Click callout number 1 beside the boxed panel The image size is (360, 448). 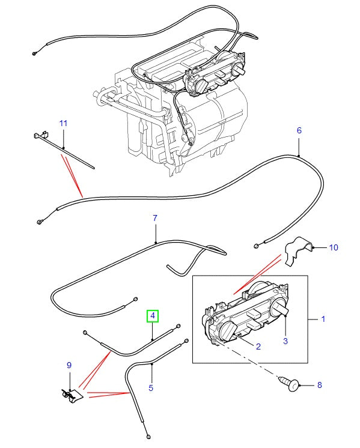pyautogui.click(x=323, y=319)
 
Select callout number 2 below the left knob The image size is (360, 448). pyautogui.click(x=258, y=347)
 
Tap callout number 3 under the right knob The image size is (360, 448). pyautogui.click(x=285, y=341)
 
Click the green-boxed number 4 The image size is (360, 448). pyautogui.click(x=153, y=315)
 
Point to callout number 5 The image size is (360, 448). pyautogui.click(x=151, y=388)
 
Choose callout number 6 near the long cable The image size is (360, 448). pyautogui.click(x=299, y=130)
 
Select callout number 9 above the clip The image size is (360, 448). pyautogui.click(x=69, y=365)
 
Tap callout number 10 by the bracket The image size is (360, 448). pyautogui.click(x=334, y=247)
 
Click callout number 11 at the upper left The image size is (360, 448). pyautogui.click(x=63, y=123)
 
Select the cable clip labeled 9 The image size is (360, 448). pyautogui.click(x=72, y=396)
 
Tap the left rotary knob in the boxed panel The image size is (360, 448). pyautogui.click(x=229, y=330)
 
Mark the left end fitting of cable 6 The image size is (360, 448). pyautogui.click(x=38, y=223)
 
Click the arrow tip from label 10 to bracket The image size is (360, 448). pyautogui.click(x=314, y=247)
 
